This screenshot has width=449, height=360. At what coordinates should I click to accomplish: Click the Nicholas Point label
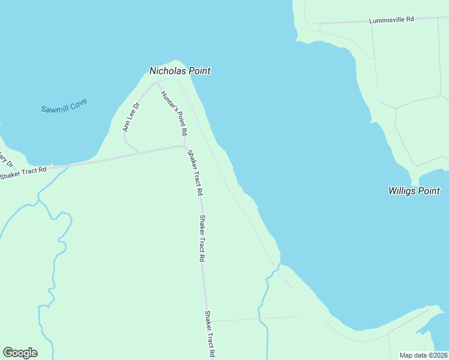point(179,71)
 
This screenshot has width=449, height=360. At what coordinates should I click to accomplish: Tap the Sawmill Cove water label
point(64,106)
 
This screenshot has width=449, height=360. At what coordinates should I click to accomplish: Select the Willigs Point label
point(414,191)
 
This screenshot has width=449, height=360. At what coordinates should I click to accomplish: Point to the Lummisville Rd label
point(392,20)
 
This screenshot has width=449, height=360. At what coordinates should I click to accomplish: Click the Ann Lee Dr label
point(131,117)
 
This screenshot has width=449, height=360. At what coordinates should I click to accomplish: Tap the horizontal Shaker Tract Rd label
point(23,173)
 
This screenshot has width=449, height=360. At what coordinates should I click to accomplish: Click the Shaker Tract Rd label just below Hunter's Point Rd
point(195,173)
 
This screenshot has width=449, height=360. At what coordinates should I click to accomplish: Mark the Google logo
point(20,353)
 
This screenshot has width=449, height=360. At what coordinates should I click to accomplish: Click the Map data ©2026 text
point(424,355)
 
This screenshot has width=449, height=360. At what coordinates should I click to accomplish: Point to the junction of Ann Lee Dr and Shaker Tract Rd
point(139,152)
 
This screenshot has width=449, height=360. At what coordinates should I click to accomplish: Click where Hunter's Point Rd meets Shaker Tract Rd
point(184,146)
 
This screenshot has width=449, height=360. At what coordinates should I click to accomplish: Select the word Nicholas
point(167,71)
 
